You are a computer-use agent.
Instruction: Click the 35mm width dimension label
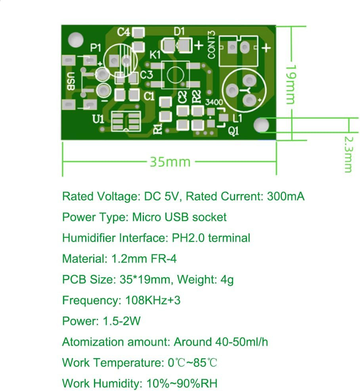click(x=170, y=162)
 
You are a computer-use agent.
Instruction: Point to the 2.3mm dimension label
click(x=348, y=154)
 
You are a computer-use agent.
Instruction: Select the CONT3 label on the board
click(x=211, y=45)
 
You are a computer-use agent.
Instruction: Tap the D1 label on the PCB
click(x=180, y=31)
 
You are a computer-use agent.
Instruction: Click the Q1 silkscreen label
click(x=234, y=131)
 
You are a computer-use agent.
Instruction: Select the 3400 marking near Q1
click(x=214, y=102)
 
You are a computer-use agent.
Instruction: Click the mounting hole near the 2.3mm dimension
click(x=261, y=125)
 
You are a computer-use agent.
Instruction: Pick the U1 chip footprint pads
click(x=126, y=122)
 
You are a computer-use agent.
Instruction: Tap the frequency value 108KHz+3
click(x=153, y=300)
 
